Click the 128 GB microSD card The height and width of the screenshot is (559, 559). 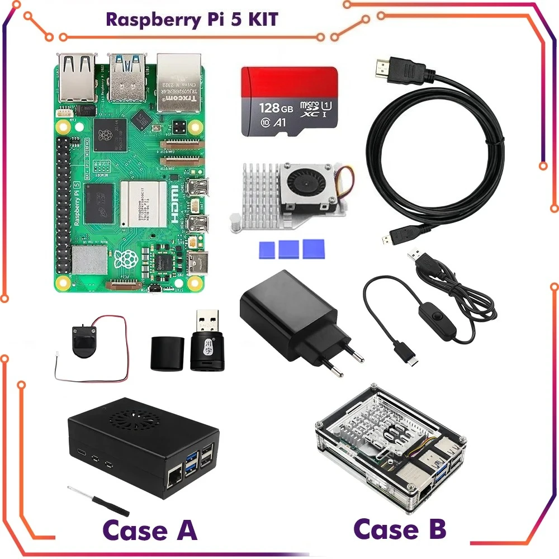(289, 101)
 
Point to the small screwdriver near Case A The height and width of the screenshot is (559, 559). (98, 500)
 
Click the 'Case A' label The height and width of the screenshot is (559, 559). (150, 530)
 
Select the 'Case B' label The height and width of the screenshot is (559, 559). (400, 528)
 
